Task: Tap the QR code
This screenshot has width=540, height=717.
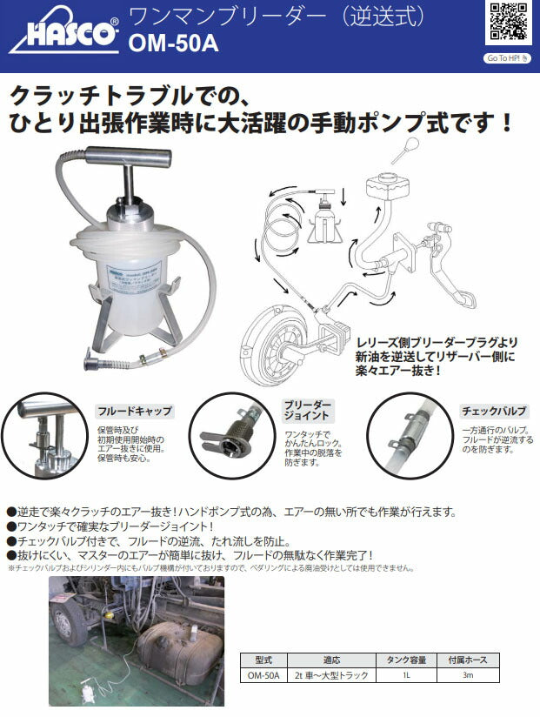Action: (508, 24)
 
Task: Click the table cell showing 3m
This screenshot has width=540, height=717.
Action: (467, 674)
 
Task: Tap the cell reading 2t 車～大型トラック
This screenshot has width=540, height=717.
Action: (330, 674)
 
